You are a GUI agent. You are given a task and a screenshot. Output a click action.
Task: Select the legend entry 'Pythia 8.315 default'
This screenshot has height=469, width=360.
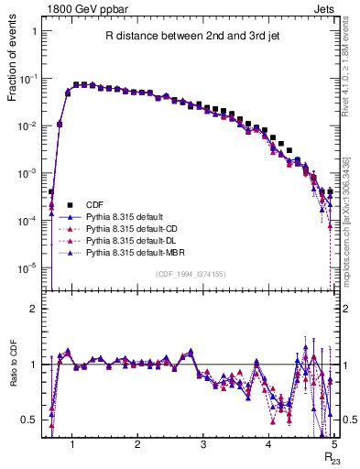tap(130, 215)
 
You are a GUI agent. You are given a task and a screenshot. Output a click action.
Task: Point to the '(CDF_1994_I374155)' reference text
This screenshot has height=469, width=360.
tap(191, 273)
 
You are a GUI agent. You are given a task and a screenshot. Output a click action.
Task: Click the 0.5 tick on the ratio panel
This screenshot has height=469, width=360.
tap(30, 420)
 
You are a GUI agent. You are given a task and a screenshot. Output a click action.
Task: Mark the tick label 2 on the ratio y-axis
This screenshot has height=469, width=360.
tap(34, 309)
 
